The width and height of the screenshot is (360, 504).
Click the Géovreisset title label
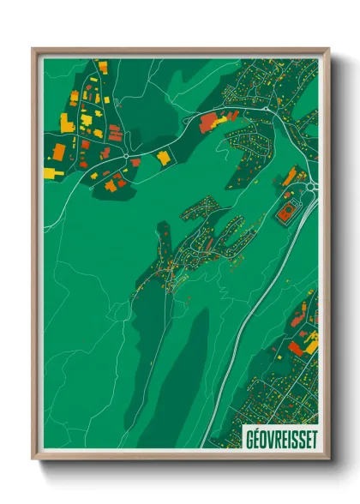pos(279,437)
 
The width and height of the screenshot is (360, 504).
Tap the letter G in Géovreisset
pos(249,438)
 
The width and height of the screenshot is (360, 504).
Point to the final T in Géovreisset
pos(312,438)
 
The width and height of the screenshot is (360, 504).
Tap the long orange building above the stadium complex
pos(291,177)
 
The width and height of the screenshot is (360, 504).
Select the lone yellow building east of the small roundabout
pos(163,157)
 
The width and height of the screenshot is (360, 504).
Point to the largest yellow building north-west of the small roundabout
pos(67,123)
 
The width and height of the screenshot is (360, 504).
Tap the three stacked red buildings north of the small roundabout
pos(114,133)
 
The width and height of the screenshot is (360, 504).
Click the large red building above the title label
pos(297,348)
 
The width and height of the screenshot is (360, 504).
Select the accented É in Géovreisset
pos(258,437)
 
